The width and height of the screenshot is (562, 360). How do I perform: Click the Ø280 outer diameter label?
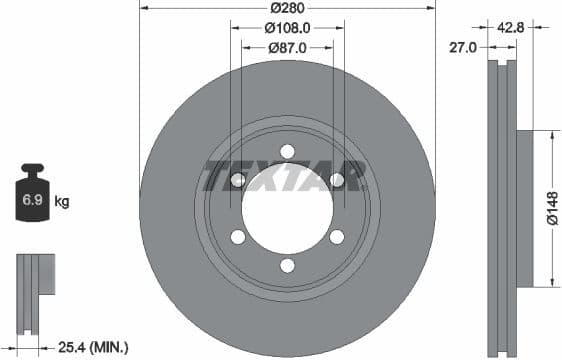click(x=287, y=8)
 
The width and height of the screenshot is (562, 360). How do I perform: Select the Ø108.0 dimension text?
click(x=287, y=28)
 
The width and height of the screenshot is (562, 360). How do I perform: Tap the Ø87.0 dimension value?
click(x=287, y=48)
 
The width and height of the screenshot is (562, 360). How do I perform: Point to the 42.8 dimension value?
click(x=511, y=27)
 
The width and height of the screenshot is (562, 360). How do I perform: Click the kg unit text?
click(x=62, y=202)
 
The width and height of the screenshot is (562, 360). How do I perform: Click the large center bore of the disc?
click(x=287, y=208)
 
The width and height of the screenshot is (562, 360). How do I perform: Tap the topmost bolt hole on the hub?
click(x=287, y=151)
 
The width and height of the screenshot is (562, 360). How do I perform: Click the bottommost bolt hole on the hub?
click(x=287, y=265)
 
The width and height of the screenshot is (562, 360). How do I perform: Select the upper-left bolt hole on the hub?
click(x=238, y=180)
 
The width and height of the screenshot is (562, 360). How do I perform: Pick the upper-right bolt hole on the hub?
click(x=337, y=180)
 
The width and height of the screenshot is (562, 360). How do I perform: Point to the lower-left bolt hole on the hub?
click(x=238, y=237)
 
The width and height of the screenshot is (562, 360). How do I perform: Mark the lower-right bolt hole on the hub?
click(x=337, y=237)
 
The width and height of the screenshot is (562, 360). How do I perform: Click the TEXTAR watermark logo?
click(x=287, y=176)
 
